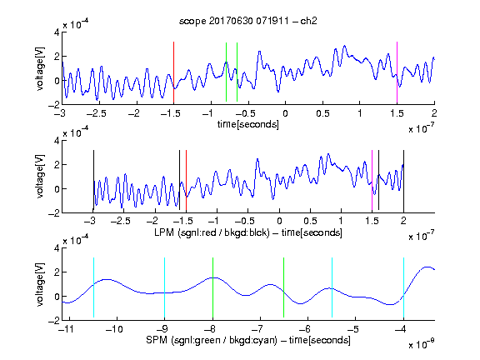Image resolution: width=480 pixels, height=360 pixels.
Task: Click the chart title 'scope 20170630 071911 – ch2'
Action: [x=248, y=21]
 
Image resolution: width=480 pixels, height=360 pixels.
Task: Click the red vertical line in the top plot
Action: [x=173, y=72]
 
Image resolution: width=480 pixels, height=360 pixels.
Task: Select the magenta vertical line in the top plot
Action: [x=397, y=72]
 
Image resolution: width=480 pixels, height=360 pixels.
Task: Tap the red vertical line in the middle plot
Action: [x=186, y=180]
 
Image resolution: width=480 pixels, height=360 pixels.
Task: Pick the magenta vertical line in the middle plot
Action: [x=372, y=181]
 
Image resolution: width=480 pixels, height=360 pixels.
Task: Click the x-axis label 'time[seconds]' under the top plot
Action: [x=248, y=124]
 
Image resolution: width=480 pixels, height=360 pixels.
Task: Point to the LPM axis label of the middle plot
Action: [x=248, y=232]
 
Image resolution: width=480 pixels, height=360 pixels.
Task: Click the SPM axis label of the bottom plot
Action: [x=248, y=340]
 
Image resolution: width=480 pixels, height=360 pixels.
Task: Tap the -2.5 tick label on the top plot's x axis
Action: [x=96, y=113]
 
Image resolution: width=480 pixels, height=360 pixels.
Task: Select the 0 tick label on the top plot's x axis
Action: [x=285, y=113]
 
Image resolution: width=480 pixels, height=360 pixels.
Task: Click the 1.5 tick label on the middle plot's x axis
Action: [x=372, y=221]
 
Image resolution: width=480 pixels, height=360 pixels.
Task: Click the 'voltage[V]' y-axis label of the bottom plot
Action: [x=40, y=284]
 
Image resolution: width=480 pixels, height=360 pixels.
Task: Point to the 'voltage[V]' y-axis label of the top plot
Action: [x=40, y=68]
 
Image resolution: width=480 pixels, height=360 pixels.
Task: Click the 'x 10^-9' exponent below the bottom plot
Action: [x=422, y=344]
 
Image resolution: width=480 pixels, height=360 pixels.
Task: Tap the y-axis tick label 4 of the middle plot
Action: [x=57, y=141]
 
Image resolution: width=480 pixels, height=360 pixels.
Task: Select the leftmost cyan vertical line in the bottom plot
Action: [x=93, y=287]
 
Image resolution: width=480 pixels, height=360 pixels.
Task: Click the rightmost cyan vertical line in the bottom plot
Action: [x=403, y=287]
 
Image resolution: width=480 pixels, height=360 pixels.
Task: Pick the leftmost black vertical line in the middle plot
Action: [x=93, y=180]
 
